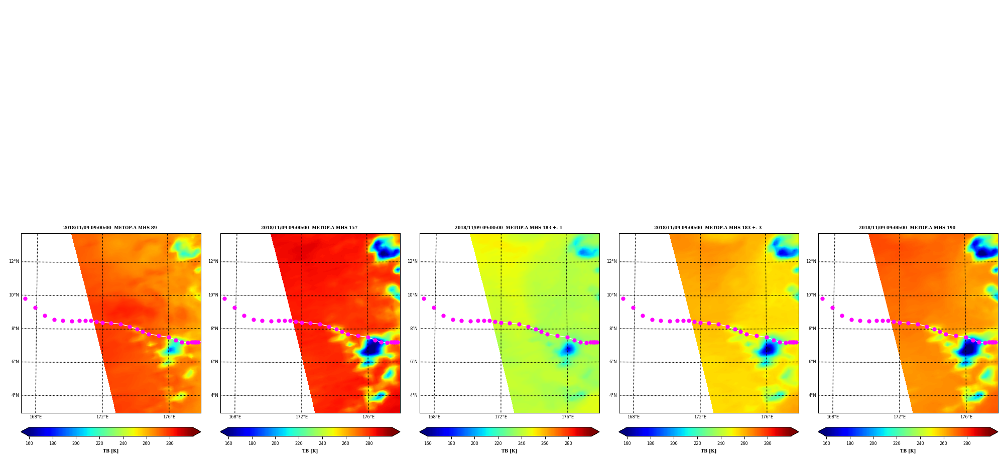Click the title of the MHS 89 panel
110,228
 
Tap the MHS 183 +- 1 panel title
509,228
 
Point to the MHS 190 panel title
907,228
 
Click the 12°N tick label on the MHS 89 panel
14,261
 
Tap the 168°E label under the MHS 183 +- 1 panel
434,417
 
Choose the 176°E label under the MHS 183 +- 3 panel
767,417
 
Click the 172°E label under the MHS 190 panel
900,417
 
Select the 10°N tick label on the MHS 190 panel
811,295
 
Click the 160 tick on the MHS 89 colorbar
29,443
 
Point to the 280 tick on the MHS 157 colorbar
369,443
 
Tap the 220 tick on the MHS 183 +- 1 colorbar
498,443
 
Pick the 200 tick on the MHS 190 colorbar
873,443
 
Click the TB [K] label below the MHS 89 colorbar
111,451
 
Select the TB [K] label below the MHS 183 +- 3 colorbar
709,451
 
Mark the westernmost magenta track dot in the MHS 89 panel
25,298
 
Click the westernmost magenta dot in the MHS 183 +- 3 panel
623,298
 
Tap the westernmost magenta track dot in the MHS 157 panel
224,298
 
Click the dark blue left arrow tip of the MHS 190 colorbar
819,432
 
